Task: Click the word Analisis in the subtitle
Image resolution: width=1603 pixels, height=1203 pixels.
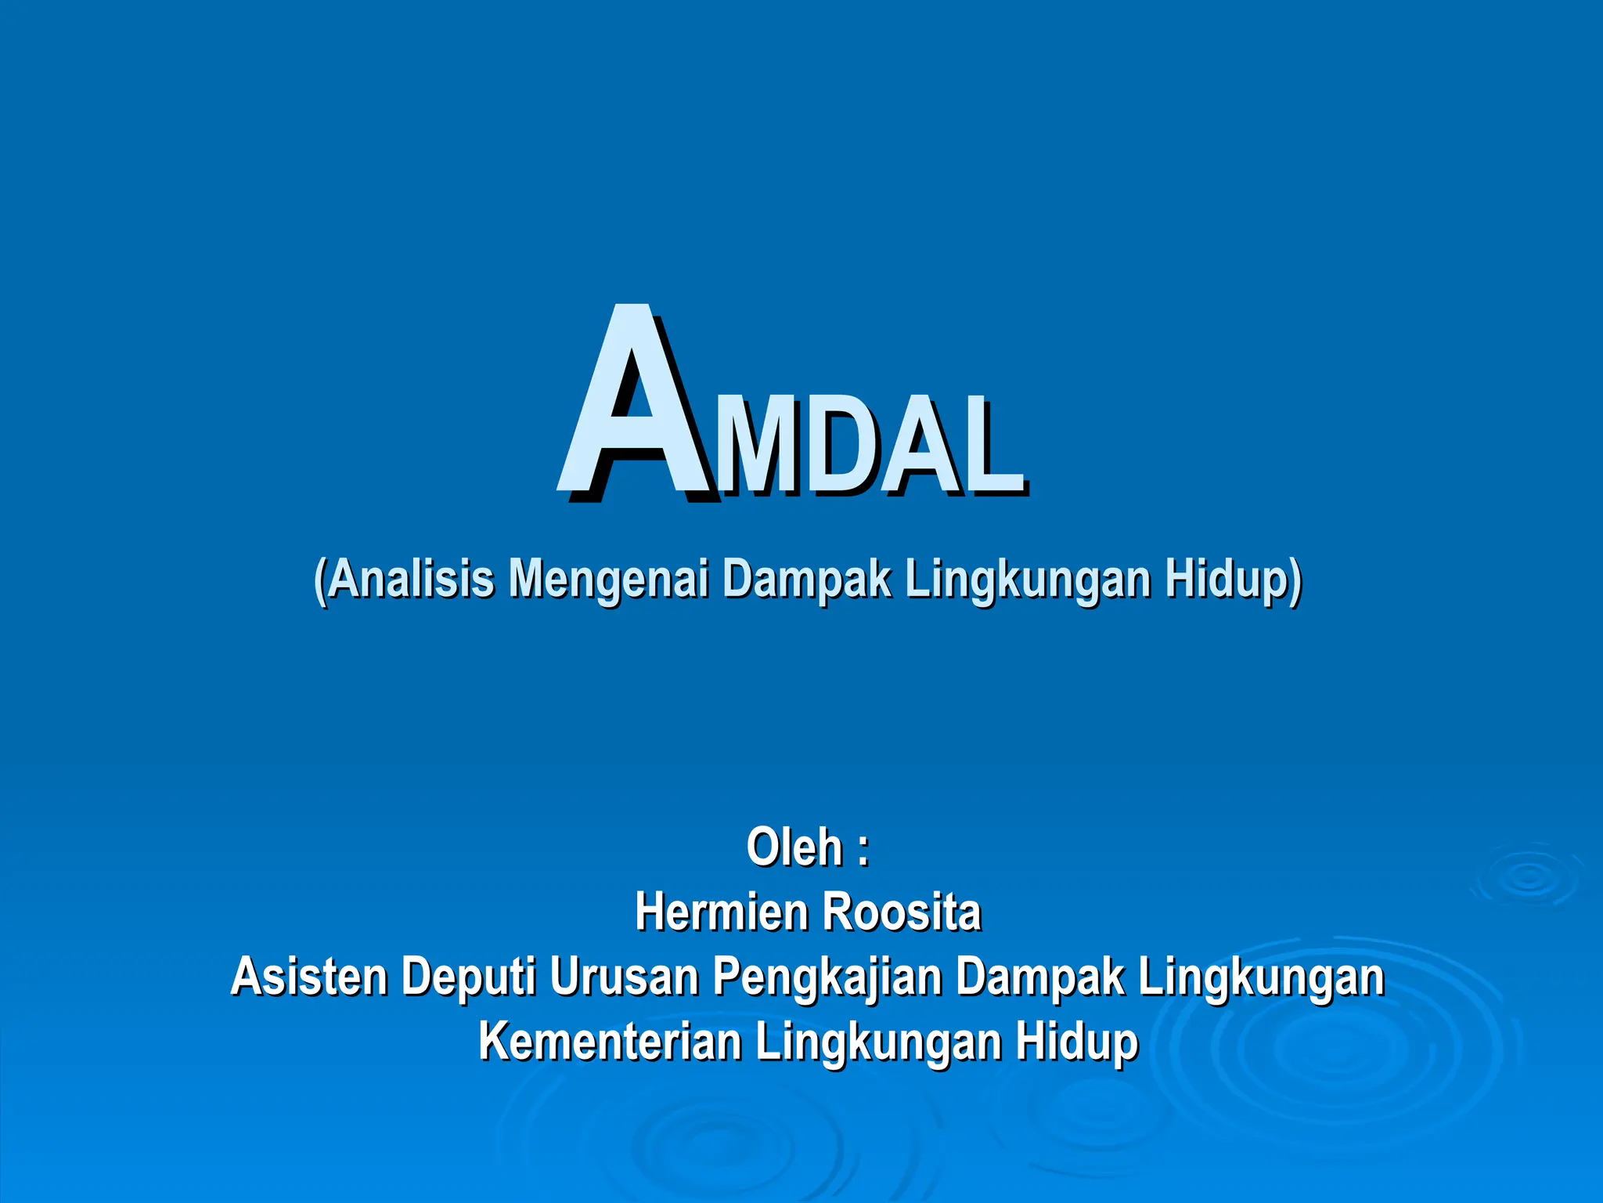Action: coord(410,580)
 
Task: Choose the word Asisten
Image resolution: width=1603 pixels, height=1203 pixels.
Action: coord(308,977)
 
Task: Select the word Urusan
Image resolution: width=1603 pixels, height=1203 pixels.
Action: coord(623,977)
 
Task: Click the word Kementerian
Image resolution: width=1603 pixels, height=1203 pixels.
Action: coord(610,1042)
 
